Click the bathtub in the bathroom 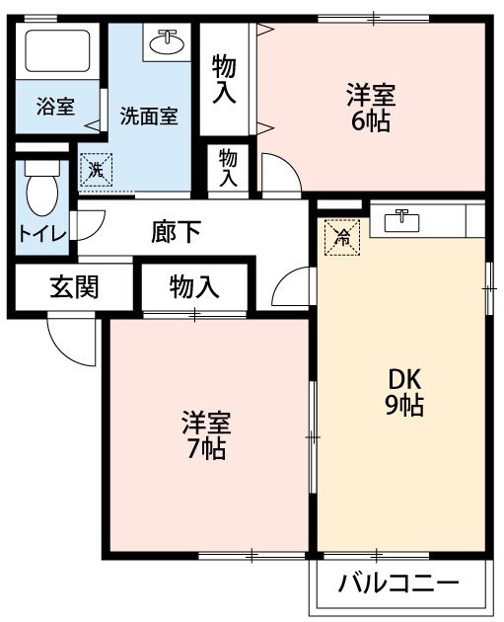pyautogui.click(x=58, y=50)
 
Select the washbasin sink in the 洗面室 pyautogui.click(x=167, y=42)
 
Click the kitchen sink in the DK pyautogui.click(x=401, y=221)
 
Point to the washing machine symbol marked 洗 pyautogui.click(x=97, y=170)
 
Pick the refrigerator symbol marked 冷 pyautogui.click(x=342, y=237)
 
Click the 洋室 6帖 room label pyautogui.click(x=371, y=108)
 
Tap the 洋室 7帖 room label pyautogui.click(x=206, y=435)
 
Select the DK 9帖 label pyautogui.click(x=404, y=392)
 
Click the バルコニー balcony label pyautogui.click(x=398, y=583)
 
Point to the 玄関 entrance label pyautogui.click(x=74, y=286)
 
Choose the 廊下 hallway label pyautogui.click(x=176, y=232)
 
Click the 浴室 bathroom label pyautogui.click(x=55, y=107)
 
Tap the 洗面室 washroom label pyautogui.click(x=149, y=116)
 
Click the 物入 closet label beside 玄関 pyautogui.click(x=194, y=286)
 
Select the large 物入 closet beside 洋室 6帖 pyautogui.click(x=224, y=80)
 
